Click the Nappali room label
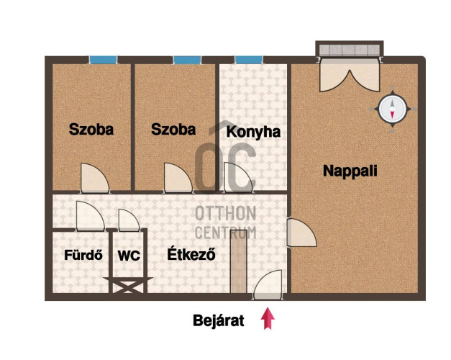pyautogui.click(x=350, y=171)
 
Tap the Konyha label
pyautogui.click(x=253, y=132)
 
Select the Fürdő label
pyautogui.click(x=83, y=255)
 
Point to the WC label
pyautogui.click(x=129, y=256)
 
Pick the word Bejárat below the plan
pyautogui.click(x=219, y=320)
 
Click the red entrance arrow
pyautogui.click(x=268, y=318)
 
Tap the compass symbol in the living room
pyautogui.click(x=393, y=109)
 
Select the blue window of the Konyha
pyautogui.click(x=248, y=60)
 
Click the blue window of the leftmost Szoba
pyautogui.click(x=103, y=60)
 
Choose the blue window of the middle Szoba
pyautogui.click(x=187, y=60)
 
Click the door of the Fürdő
pyautogui.click(x=91, y=216)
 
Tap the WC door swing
pyautogui.click(x=129, y=220)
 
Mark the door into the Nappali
pyautogui.click(x=301, y=233)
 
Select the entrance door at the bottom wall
pyautogui.click(x=268, y=285)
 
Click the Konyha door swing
pyautogui.click(x=238, y=178)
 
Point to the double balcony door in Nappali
pyautogui.click(x=350, y=76)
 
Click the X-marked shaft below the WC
pyautogui.click(x=128, y=285)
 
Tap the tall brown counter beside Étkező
pyautogui.click(x=239, y=261)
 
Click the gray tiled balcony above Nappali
pyautogui.click(x=350, y=49)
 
